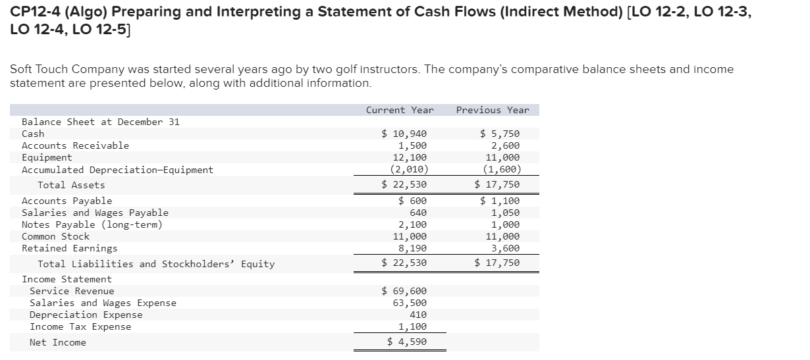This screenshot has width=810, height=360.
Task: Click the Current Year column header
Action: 400,110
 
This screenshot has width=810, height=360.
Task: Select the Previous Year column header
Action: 493,110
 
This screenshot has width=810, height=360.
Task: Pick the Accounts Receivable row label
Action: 76,145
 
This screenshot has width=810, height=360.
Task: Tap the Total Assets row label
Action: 71,185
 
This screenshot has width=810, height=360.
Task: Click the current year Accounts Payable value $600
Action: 413,201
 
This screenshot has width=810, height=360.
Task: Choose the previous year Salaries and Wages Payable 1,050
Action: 505,213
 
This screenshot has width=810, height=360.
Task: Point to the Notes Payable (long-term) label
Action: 92,224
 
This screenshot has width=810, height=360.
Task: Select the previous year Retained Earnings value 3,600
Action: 505,248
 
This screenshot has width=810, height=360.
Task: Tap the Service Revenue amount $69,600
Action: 404,291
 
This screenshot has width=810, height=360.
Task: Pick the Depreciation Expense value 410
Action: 418,315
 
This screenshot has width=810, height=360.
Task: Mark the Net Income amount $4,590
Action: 407,342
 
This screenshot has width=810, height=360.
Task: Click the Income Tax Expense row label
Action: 80,327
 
